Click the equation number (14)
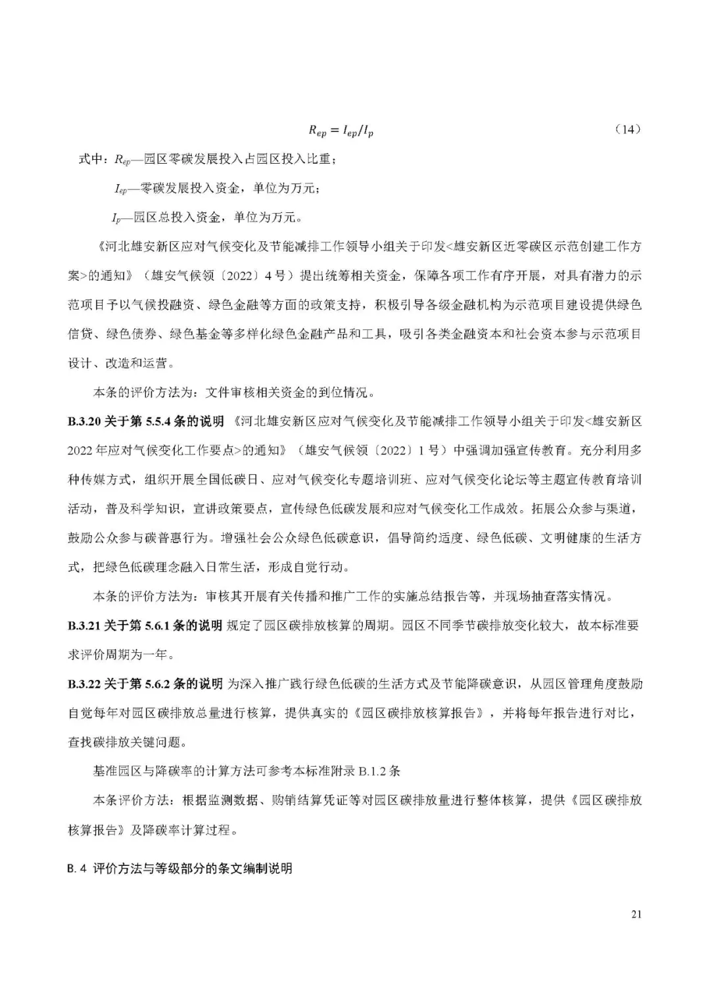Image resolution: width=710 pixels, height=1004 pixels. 627,130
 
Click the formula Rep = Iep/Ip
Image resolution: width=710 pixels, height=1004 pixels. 341,130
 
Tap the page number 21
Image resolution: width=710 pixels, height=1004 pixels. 635,914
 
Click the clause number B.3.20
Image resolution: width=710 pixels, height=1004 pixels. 83,421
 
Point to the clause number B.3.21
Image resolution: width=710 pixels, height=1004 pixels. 83,625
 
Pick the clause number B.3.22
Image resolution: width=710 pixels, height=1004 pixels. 83,684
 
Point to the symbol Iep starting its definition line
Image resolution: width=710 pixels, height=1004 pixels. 121,189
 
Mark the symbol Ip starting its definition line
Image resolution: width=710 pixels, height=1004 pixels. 116,218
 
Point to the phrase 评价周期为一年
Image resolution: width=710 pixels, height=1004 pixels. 121,655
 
